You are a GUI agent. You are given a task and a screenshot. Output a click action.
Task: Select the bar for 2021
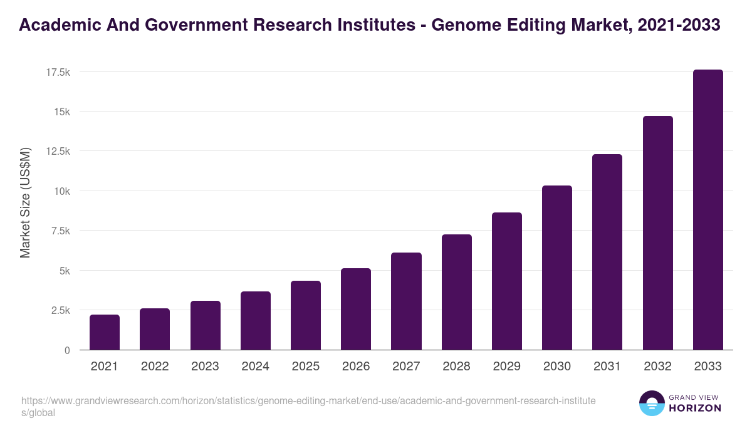click(x=105, y=332)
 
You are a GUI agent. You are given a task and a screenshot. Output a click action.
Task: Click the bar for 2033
click(x=708, y=210)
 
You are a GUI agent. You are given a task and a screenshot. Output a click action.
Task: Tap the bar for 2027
click(x=406, y=301)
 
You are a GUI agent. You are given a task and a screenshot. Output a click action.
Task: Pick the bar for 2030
click(x=557, y=268)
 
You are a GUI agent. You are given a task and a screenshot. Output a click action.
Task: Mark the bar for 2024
click(x=256, y=321)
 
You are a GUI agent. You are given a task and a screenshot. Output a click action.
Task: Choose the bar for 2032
click(x=657, y=233)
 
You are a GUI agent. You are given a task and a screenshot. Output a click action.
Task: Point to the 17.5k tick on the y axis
click(x=58, y=73)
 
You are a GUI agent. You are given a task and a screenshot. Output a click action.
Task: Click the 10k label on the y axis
click(x=61, y=191)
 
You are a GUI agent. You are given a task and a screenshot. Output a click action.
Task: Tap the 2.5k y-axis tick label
click(x=60, y=310)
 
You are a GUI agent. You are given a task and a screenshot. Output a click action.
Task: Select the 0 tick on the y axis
click(x=66, y=350)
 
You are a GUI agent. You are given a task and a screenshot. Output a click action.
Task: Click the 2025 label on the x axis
click(x=306, y=367)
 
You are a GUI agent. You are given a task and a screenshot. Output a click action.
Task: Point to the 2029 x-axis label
click(x=506, y=367)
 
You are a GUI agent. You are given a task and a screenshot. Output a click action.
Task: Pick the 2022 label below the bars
click(x=155, y=367)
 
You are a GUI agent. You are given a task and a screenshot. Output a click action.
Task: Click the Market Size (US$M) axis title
click(x=25, y=202)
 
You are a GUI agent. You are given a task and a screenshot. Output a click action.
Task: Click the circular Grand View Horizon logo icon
click(x=651, y=403)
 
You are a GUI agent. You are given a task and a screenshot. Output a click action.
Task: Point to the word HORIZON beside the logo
click(x=695, y=408)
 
